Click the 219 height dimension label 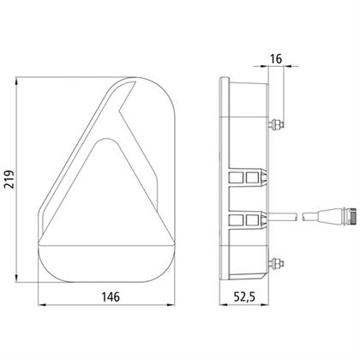(x=9, y=179)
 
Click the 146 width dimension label (x=111, y=297)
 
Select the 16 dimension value (x=276, y=59)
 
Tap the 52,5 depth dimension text (x=244, y=297)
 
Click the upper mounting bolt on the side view (x=276, y=124)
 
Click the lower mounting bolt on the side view (x=276, y=263)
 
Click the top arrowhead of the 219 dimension (x=16, y=81)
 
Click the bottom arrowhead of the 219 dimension (x=16, y=279)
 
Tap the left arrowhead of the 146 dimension (x=42, y=305)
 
